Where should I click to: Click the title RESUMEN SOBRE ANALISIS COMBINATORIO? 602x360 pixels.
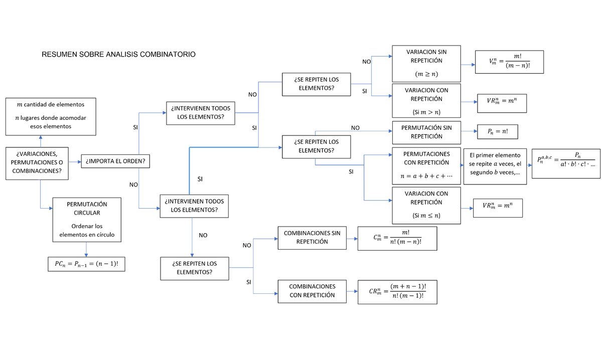[x=118, y=54]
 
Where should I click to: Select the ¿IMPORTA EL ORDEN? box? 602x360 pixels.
[x=115, y=161]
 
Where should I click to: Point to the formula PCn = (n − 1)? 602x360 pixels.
[x=86, y=264]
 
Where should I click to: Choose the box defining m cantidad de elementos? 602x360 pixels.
[x=50, y=116]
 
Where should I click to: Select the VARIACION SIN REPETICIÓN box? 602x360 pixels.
[x=426, y=64]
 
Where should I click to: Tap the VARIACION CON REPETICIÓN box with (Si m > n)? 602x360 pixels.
[x=426, y=101]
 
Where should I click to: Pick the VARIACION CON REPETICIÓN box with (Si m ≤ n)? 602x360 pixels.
[x=426, y=204]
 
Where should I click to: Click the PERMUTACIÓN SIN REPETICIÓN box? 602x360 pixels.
[x=426, y=132]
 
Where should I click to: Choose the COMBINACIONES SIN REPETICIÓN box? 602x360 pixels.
[x=312, y=237]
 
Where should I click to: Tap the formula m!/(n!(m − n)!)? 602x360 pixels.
[x=397, y=238]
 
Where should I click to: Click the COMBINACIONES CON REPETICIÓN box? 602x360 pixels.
[x=312, y=291]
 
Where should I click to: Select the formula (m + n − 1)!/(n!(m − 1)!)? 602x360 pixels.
[x=397, y=291]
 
